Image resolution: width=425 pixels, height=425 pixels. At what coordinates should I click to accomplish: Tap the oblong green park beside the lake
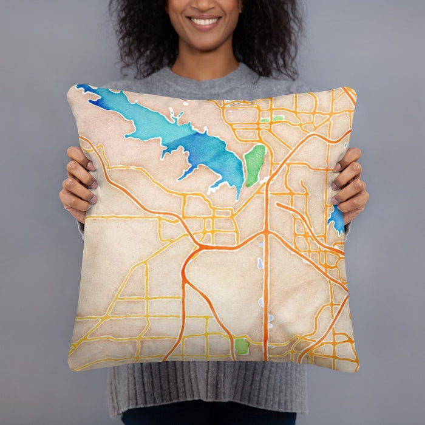pyautogui.click(x=254, y=165)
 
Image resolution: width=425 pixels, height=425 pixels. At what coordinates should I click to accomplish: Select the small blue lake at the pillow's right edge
pyautogui.click(x=336, y=219)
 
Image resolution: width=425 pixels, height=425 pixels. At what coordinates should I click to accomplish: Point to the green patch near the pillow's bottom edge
pyautogui.click(x=242, y=347)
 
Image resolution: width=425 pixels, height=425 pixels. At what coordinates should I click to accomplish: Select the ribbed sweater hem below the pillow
pyautogui.click(x=206, y=389)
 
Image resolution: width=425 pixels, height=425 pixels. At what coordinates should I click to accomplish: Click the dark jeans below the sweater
pyautogui.click(x=206, y=418)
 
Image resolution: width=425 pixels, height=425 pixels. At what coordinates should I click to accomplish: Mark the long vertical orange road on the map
pyautogui.click(x=265, y=285)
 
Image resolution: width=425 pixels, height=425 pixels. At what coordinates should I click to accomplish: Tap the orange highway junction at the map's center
pyautogui.click(x=200, y=247)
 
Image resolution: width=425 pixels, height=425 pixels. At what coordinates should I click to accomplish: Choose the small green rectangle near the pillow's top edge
pyautogui.click(x=277, y=118)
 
